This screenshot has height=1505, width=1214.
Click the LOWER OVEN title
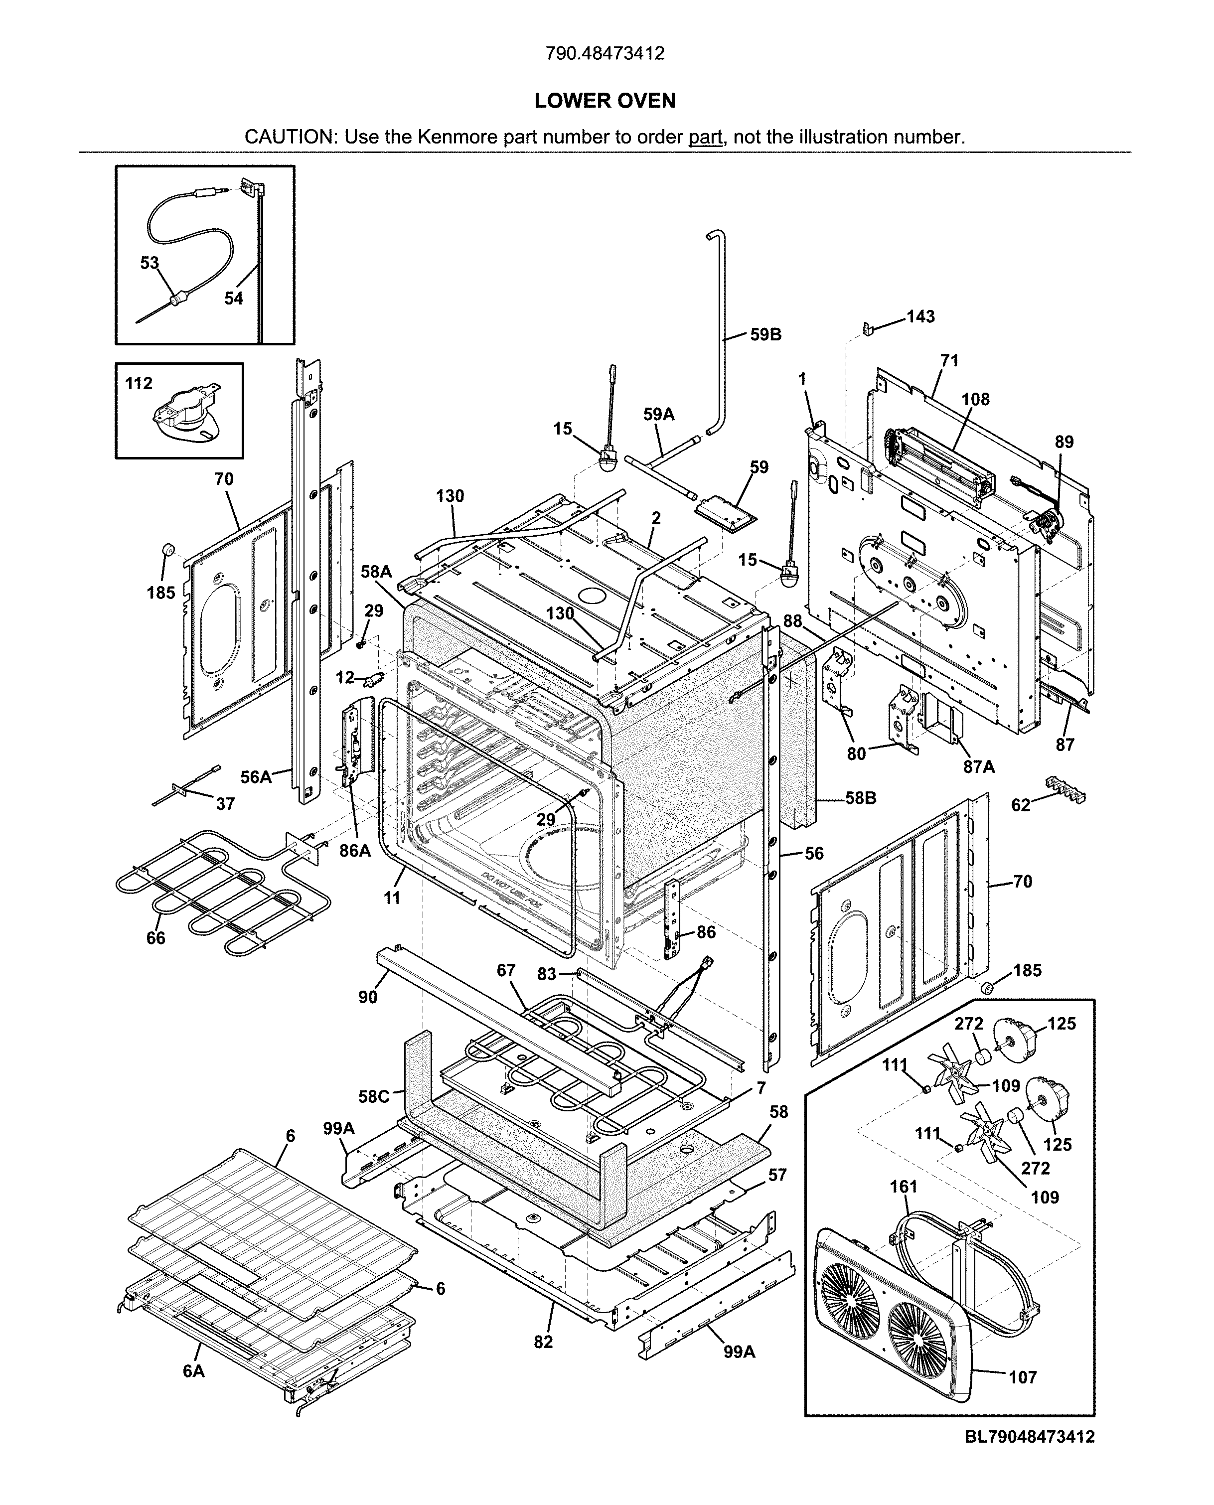[605, 101]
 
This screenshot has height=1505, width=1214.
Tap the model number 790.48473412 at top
[605, 53]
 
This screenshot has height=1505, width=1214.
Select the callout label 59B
[766, 334]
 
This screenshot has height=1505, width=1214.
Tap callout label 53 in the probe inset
[150, 263]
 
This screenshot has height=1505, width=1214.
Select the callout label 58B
[860, 798]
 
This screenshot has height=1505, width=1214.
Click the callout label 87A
[979, 766]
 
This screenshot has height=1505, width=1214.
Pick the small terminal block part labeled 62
[1066, 789]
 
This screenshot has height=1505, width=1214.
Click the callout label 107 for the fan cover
[1023, 1378]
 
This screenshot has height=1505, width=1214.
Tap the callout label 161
[904, 1187]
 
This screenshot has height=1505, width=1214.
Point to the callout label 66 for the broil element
[155, 938]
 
